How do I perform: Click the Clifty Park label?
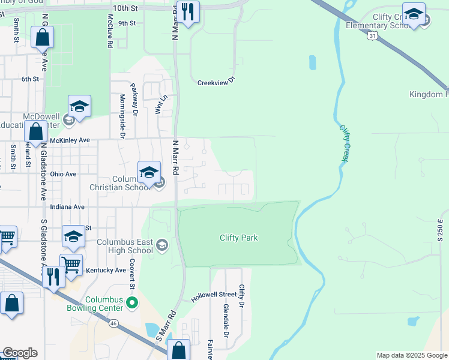[x=238, y=238]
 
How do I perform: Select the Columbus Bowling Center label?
[x=104, y=304]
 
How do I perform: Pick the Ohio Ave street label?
[x=63, y=174]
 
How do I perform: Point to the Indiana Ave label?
[x=67, y=206]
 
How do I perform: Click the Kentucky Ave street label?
[x=106, y=270]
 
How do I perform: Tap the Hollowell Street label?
[x=214, y=295]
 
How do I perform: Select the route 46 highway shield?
[x=114, y=323]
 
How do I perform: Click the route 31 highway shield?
[x=373, y=36]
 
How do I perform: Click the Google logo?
[x=20, y=353]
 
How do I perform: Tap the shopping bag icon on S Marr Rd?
[x=179, y=349]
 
